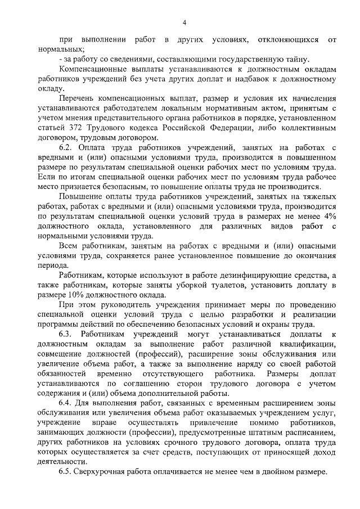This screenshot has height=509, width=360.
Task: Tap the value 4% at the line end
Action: pyautogui.click(x=330, y=217)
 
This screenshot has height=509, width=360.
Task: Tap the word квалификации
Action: pyautogui.click(x=307, y=344)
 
